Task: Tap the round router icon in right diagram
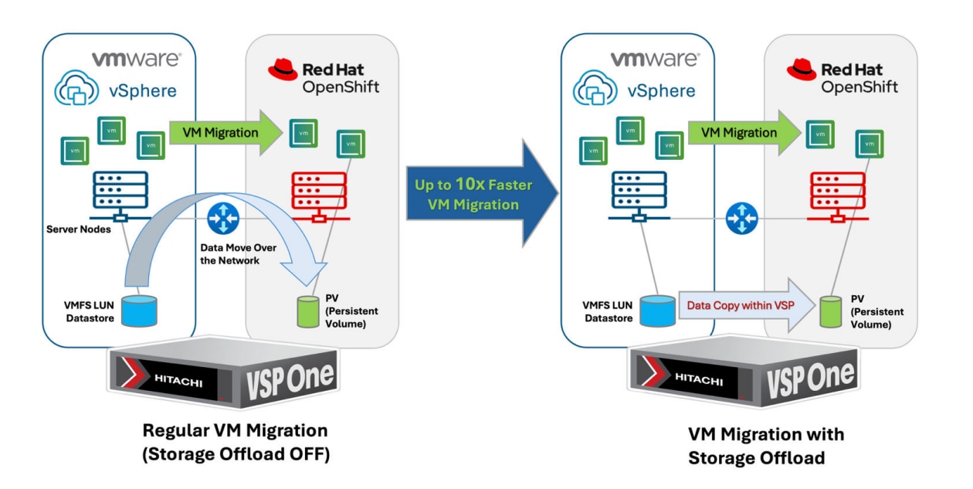coord(742,217)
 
